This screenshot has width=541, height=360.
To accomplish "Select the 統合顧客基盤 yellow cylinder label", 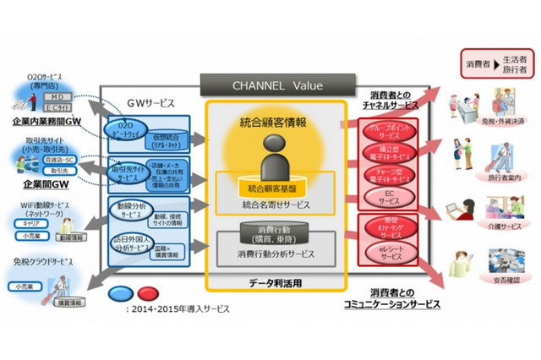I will [274, 186].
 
